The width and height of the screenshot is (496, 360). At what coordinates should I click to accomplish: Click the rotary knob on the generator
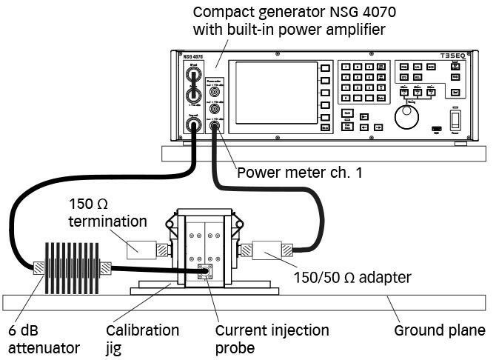pos(403,116)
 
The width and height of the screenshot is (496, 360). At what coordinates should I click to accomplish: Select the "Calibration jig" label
pos(142,338)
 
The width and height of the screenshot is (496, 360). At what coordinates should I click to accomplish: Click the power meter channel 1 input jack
pos(215,128)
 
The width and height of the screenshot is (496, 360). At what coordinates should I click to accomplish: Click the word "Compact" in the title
pos(219,13)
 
